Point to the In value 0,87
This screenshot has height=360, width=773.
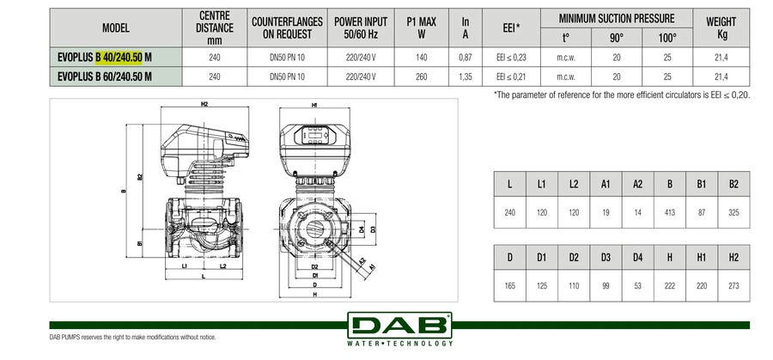click(466, 57)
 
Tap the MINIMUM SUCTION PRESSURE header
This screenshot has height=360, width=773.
click(616, 18)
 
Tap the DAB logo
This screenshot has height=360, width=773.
click(400, 327)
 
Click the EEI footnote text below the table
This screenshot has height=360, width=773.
click(622, 95)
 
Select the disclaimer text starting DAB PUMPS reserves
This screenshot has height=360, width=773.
click(128, 337)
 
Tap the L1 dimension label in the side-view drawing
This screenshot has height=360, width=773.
click(186, 266)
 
